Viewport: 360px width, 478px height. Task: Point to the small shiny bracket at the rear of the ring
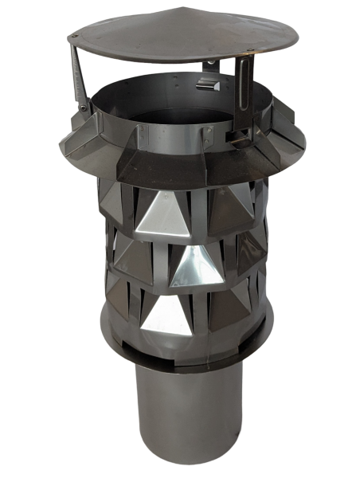tap(209, 83)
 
